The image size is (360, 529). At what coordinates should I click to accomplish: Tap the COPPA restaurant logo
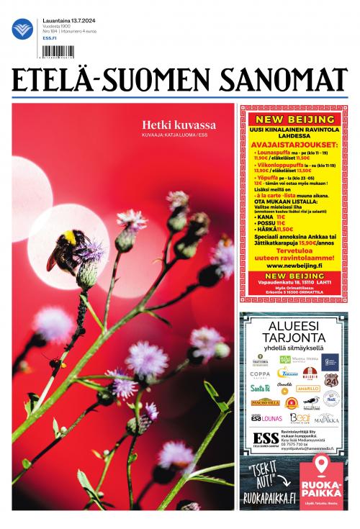(260, 374)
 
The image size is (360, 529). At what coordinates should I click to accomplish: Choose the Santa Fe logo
(260, 388)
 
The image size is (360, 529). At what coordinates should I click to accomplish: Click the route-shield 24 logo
(330, 379)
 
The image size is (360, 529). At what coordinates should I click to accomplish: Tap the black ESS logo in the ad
(266, 439)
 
